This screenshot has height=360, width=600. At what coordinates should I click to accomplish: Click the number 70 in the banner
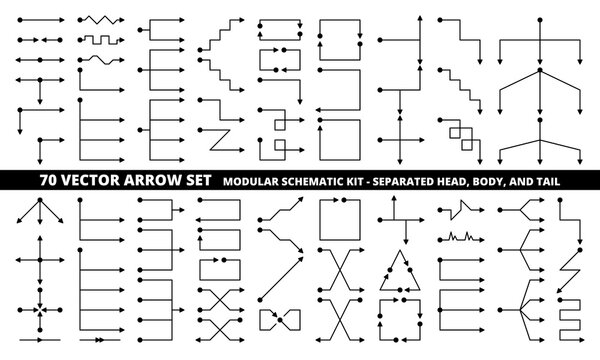[x=50, y=181]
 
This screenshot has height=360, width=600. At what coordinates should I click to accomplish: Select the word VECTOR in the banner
[x=89, y=181]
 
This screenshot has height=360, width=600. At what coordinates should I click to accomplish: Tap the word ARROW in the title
[x=142, y=181]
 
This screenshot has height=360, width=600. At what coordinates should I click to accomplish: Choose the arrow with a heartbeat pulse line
[x=462, y=237]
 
